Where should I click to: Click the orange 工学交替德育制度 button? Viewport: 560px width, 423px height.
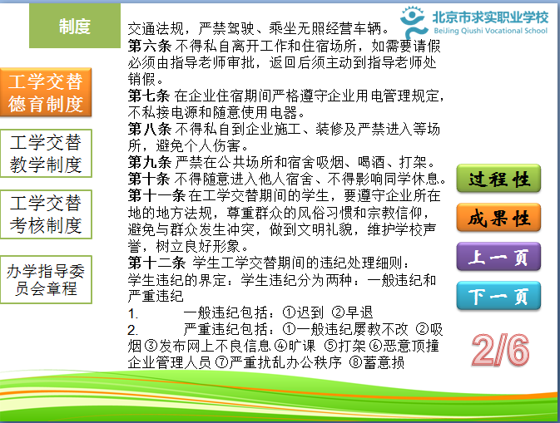coord(46,92)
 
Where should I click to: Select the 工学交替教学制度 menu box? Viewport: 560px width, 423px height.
coord(46,154)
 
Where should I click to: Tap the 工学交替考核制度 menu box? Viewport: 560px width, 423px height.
coord(46,214)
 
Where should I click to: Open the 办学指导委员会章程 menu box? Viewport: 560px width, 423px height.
coord(46,279)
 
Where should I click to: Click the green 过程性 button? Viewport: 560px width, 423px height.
coord(498,179)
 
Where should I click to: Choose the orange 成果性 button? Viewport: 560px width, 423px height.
coord(498,218)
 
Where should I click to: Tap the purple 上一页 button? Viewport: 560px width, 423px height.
coord(498,257)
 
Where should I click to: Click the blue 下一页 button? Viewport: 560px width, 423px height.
coord(498,296)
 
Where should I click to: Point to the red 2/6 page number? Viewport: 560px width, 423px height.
coord(500,350)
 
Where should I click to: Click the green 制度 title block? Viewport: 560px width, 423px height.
coord(75,26)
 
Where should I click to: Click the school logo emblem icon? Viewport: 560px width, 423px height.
coord(414,22)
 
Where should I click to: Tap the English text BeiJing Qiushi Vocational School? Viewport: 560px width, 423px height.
coord(490,31)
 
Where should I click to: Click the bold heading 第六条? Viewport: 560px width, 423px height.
coord(149,46)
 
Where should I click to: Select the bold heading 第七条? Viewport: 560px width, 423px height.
coord(149,96)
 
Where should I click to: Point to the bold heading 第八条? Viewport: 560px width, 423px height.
coord(149,129)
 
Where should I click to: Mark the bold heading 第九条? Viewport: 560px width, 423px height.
coord(149,162)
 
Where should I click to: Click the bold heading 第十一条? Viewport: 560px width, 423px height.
coord(156,195)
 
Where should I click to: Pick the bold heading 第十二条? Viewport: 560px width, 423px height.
coord(156,263)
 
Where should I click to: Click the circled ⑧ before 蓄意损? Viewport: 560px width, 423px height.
coord(355,362)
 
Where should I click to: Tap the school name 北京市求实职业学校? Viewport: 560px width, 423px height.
coord(490,17)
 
